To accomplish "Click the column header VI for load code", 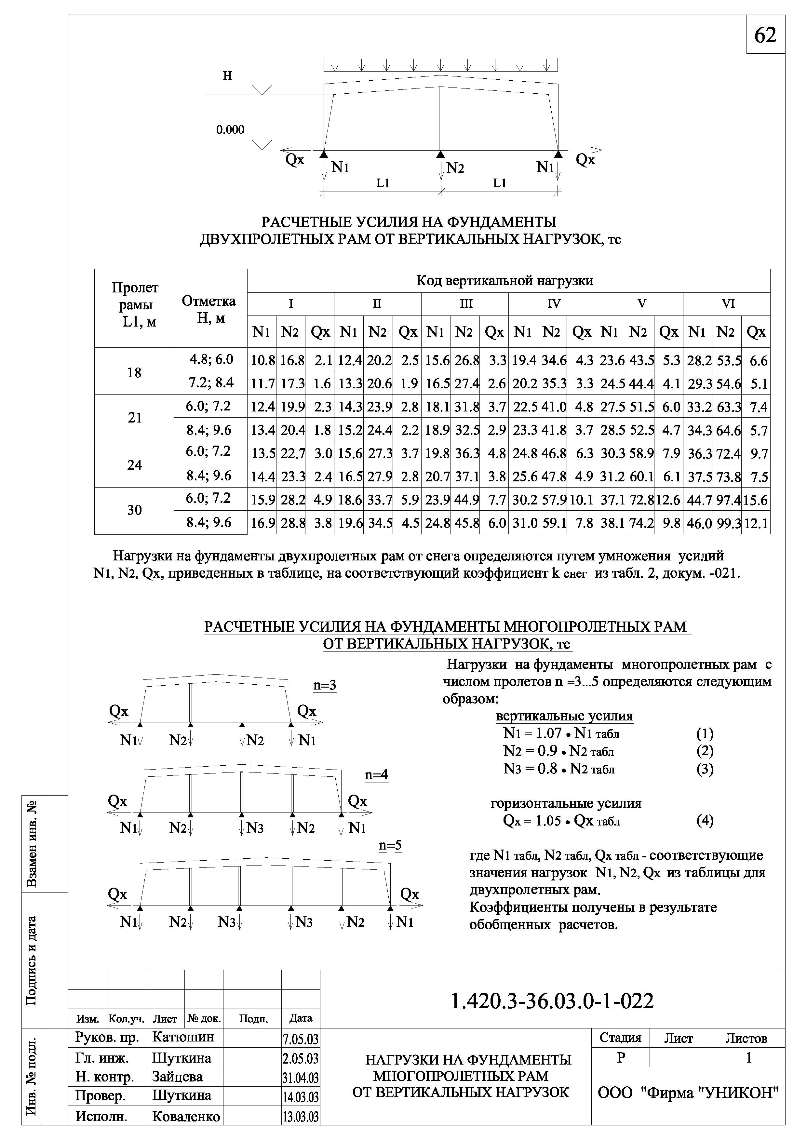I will [728, 304].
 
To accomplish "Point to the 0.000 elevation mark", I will [230, 130].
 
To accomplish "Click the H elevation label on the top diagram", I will [228, 76].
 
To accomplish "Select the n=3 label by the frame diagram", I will [325, 685].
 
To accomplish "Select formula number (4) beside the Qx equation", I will [705, 821].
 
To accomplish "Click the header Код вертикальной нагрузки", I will [504, 281].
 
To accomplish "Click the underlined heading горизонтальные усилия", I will [566, 804].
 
